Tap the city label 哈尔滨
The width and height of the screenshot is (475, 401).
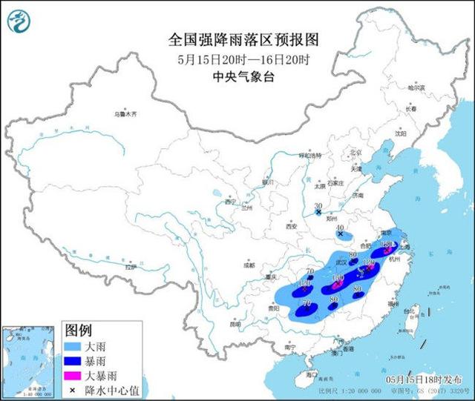(419, 87)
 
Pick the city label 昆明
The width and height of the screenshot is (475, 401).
(236, 323)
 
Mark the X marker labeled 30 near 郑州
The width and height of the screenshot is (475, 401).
(318, 213)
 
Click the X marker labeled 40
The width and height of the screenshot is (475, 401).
(341, 235)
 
